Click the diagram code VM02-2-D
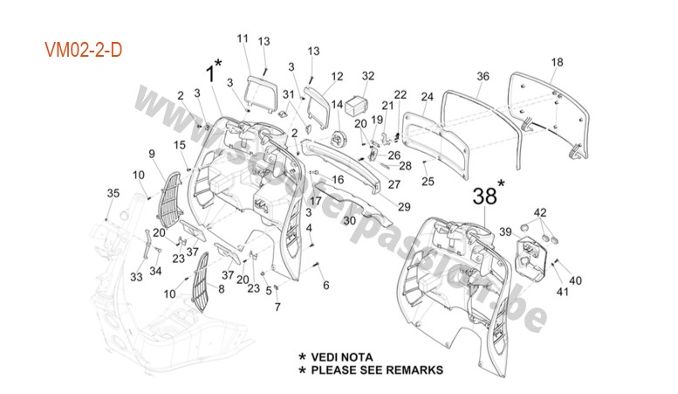coord(84,51)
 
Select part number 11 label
coord(243,38)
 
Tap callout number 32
coord(367,76)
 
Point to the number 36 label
coord(483,76)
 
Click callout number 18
coord(557,62)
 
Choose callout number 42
coord(540,212)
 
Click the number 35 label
coord(113,192)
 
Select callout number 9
coord(151,155)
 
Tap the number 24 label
coord(427,96)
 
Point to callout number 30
coord(349,221)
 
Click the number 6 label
coord(326,285)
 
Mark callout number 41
coord(562,292)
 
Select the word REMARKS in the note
coord(412,370)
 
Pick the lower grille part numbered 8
coord(200,288)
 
